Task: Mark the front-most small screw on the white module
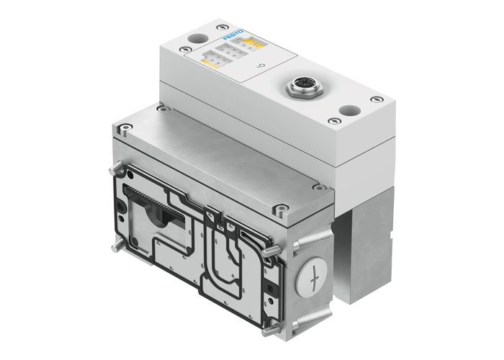point(333,121)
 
